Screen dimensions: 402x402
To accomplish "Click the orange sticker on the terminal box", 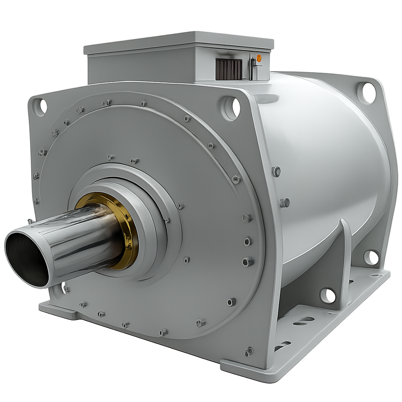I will pos(259,58).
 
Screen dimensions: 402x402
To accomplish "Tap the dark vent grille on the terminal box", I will pos(228,69).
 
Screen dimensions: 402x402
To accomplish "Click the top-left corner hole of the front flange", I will pos(40,107).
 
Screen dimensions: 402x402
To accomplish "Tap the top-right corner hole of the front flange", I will pos(230,108).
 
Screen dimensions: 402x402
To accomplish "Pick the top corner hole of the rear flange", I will pos(366,93).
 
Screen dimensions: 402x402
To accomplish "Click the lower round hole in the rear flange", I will pos(371,258).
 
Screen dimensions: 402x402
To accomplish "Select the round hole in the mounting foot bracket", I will pos(328,295).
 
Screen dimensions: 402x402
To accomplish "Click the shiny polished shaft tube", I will pos(79,243).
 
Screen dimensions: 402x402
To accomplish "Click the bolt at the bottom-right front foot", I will pos(249,351).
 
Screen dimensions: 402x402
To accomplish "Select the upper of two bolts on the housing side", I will pos(276,171).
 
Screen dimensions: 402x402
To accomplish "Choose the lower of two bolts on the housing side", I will pos(285,203).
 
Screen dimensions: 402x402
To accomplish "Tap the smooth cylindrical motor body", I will pos(322,157).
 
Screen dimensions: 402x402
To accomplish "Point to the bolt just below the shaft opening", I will pos(65,289).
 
